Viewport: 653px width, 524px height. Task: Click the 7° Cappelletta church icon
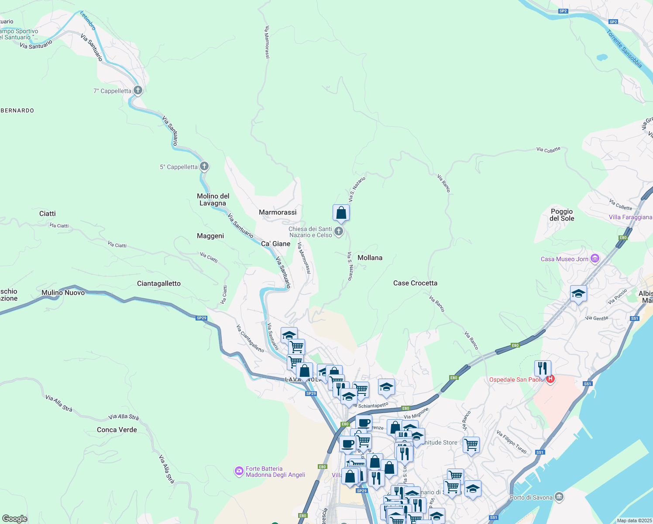click(x=138, y=90)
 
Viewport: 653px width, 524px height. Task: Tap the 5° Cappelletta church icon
click(x=204, y=166)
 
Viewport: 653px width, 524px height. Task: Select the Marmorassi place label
click(x=278, y=212)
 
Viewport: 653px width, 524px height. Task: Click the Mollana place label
click(x=370, y=258)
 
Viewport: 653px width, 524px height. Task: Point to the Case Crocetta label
click(x=415, y=283)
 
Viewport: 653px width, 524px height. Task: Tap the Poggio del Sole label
click(x=562, y=215)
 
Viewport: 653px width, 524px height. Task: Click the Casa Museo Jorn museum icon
click(x=595, y=259)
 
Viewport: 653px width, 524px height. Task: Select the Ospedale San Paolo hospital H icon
click(x=550, y=379)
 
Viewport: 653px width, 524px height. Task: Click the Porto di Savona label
click(x=531, y=497)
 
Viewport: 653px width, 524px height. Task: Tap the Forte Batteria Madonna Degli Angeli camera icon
click(x=239, y=471)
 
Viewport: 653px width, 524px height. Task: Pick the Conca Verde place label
click(x=117, y=430)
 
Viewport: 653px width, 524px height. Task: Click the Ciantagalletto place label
click(x=159, y=283)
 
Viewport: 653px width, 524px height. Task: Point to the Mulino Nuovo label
click(x=63, y=293)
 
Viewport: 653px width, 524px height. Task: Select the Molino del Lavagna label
click(x=213, y=200)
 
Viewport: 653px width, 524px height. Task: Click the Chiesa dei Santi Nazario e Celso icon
click(x=339, y=231)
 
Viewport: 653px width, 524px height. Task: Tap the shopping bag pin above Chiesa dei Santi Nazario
click(x=341, y=213)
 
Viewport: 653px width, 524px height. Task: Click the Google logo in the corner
click(x=14, y=518)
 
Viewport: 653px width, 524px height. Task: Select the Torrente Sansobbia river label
click(x=624, y=49)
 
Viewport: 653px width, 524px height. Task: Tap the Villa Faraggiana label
click(x=630, y=217)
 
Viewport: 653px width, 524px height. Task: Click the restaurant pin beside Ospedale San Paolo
click(x=542, y=368)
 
